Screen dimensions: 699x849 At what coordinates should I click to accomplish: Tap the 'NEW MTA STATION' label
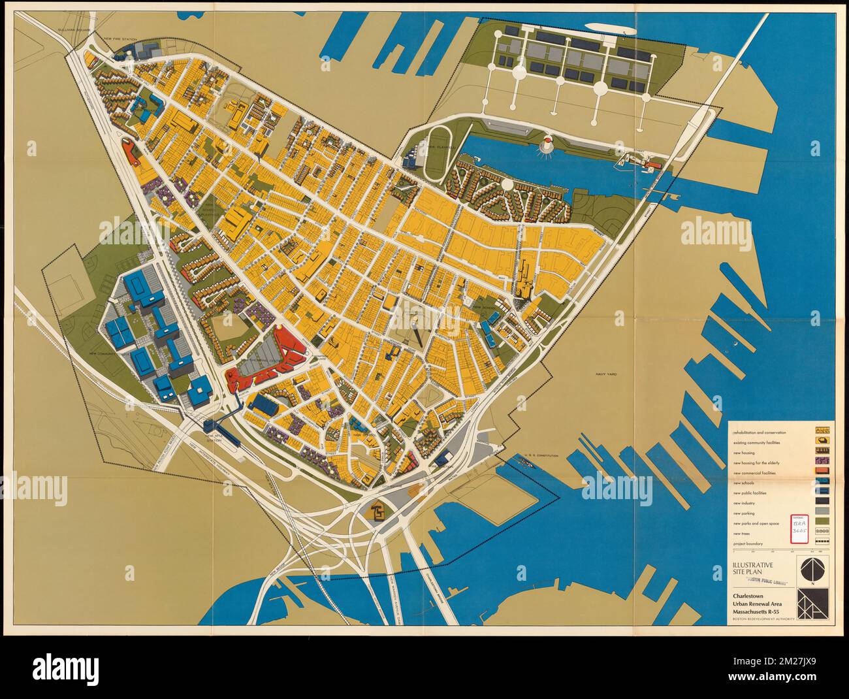coord(214,437)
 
